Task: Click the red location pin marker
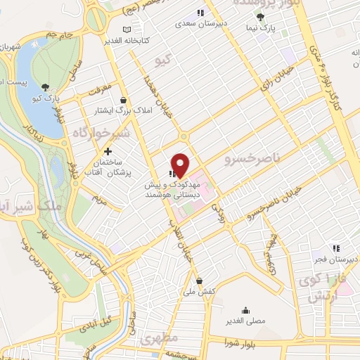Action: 181,165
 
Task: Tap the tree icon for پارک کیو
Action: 46,86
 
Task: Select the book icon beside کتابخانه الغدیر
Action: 127,30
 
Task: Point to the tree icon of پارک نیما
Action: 261,18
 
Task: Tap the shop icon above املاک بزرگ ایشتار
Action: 124,100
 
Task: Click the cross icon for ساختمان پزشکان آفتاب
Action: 107,151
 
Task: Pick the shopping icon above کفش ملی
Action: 199,280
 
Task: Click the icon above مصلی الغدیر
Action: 245,310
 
